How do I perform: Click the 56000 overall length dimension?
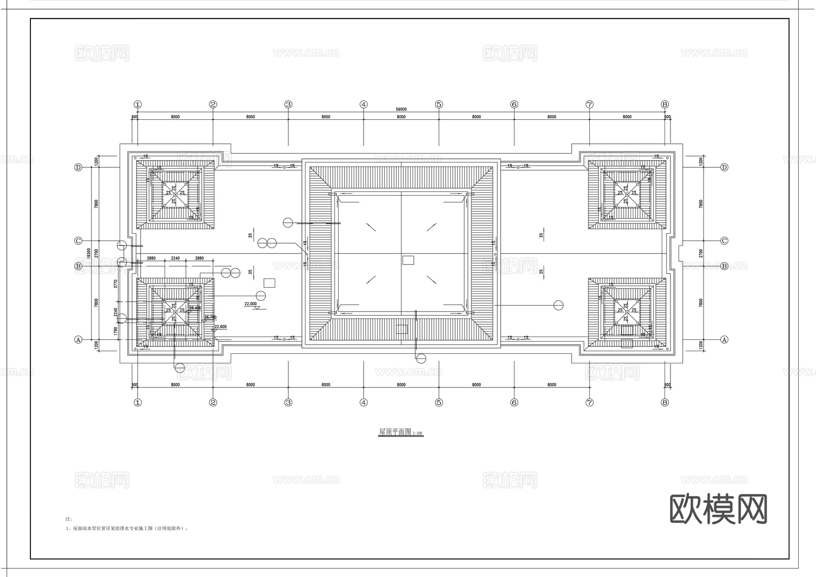click(401, 109)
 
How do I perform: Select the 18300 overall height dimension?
click(89, 253)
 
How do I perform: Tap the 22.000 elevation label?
click(250, 303)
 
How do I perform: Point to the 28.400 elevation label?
click(195, 308)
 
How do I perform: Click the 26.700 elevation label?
click(210, 317)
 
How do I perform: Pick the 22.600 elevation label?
click(220, 327)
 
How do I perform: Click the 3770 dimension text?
click(116, 284)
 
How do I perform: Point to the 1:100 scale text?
click(417, 434)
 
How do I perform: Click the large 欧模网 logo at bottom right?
click(719, 509)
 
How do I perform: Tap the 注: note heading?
click(69, 518)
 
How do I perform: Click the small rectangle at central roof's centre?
click(408, 260)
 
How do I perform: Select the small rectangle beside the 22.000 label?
click(269, 283)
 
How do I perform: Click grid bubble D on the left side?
click(78, 167)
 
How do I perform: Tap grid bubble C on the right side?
click(724, 241)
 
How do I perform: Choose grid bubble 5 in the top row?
click(438, 104)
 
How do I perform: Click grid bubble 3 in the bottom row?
click(288, 402)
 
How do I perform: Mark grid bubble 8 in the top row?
click(665, 104)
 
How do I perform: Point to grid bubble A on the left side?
click(78, 339)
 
